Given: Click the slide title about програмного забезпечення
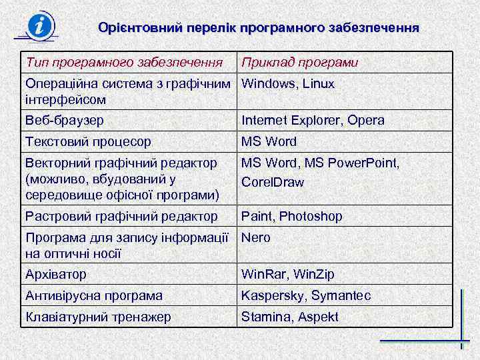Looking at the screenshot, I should click(x=259, y=28).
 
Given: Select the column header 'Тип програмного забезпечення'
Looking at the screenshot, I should click(x=123, y=63).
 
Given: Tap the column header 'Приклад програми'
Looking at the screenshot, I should click(x=300, y=63).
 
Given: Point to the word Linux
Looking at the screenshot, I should click(x=318, y=84).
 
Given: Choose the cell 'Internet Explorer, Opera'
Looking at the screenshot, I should click(x=313, y=120).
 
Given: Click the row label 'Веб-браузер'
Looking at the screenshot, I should click(x=64, y=120).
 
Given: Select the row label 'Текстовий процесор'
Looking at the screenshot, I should click(x=87, y=141).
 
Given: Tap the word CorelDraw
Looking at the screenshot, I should click(x=273, y=182).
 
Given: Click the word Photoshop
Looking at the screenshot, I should click(x=311, y=216).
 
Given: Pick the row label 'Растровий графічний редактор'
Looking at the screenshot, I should click(x=121, y=216).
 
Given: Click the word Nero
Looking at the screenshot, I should click(x=256, y=237).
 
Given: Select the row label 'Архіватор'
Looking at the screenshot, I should click(x=56, y=274).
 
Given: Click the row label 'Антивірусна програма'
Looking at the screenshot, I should click(x=94, y=295).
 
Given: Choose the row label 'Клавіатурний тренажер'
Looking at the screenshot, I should click(x=97, y=317).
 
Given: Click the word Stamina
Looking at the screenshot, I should click(x=265, y=317).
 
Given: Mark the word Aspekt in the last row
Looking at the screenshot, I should click(x=318, y=317).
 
